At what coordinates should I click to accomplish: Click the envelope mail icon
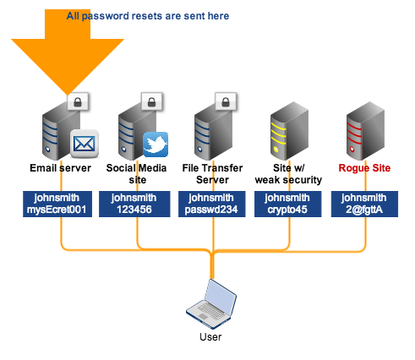[85, 145]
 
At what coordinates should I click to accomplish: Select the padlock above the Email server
[79, 101]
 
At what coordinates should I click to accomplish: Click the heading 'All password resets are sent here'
[148, 15]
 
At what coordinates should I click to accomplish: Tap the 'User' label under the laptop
[210, 337]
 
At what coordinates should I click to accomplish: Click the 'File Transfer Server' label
[210, 173]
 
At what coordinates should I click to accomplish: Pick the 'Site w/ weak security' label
[288, 173]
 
